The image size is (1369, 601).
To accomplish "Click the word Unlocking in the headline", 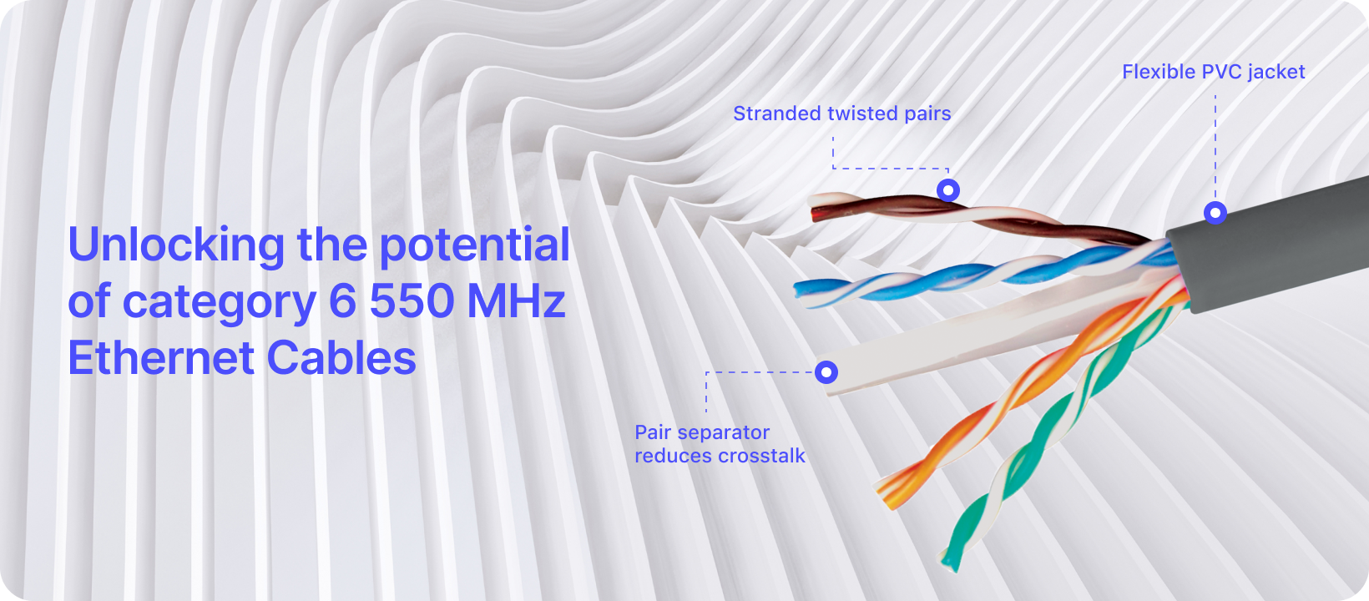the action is click(x=176, y=245).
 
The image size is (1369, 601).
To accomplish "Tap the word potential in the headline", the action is click(x=474, y=245).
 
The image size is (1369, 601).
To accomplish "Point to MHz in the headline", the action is click(x=517, y=300).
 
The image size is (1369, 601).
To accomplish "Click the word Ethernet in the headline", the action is click(x=161, y=357).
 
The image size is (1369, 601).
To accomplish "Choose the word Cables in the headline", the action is click(x=341, y=357).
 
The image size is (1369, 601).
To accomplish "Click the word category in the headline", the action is click(x=220, y=304).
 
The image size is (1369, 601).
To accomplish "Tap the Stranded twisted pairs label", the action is click(x=842, y=114).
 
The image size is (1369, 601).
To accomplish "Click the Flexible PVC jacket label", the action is click(x=1213, y=72).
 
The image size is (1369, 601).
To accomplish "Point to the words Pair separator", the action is click(x=702, y=432).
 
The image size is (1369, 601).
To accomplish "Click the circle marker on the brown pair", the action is click(x=948, y=190).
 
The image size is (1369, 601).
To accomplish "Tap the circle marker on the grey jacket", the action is click(x=1215, y=213).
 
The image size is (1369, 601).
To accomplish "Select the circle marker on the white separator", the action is click(x=826, y=371).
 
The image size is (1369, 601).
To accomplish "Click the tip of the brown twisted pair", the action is click(x=813, y=214).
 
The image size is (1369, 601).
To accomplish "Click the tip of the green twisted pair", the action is click(x=950, y=563).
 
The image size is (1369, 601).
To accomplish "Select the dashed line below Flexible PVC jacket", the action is click(x=1215, y=148).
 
